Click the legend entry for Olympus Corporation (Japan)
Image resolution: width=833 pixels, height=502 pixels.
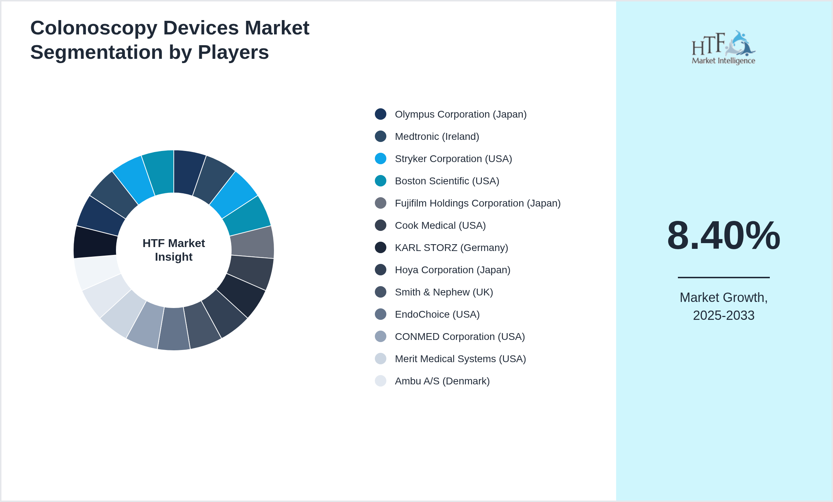pyautogui.click(x=460, y=114)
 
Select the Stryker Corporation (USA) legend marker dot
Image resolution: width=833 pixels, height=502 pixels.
pyautogui.click(x=381, y=158)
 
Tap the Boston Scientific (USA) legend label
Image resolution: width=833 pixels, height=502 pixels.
pyautogui.click(x=447, y=181)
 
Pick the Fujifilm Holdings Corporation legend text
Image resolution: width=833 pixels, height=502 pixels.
pyautogui.click(x=478, y=203)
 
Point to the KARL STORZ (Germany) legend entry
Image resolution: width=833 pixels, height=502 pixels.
pyautogui.click(x=451, y=248)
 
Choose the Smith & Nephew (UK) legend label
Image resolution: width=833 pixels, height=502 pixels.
pyautogui.click(x=444, y=292)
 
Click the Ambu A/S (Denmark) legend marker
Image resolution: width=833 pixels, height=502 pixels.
pyautogui.click(x=381, y=381)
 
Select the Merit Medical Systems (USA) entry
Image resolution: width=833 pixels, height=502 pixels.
pyautogui.click(x=460, y=359)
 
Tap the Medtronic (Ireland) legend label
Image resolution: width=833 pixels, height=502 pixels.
pyautogui.click(x=437, y=137)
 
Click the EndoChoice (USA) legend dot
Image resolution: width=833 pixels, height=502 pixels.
pyautogui.click(x=381, y=314)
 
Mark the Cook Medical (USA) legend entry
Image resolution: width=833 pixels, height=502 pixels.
pyautogui.click(x=440, y=226)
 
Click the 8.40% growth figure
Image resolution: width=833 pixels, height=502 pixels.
pyautogui.click(x=723, y=236)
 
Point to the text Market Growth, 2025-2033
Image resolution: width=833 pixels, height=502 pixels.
pyautogui.click(x=723, y=306)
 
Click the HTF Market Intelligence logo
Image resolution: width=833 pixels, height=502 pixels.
pyautogui.click(x=723, y=48)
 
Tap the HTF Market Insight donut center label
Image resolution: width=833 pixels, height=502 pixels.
pyautogui.click(x=174, y=250)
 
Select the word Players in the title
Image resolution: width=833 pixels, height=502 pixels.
pyautogui.click(x=233, y=52)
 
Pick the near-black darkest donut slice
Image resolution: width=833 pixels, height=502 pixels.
pyautogui.click(x=95, y=242)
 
